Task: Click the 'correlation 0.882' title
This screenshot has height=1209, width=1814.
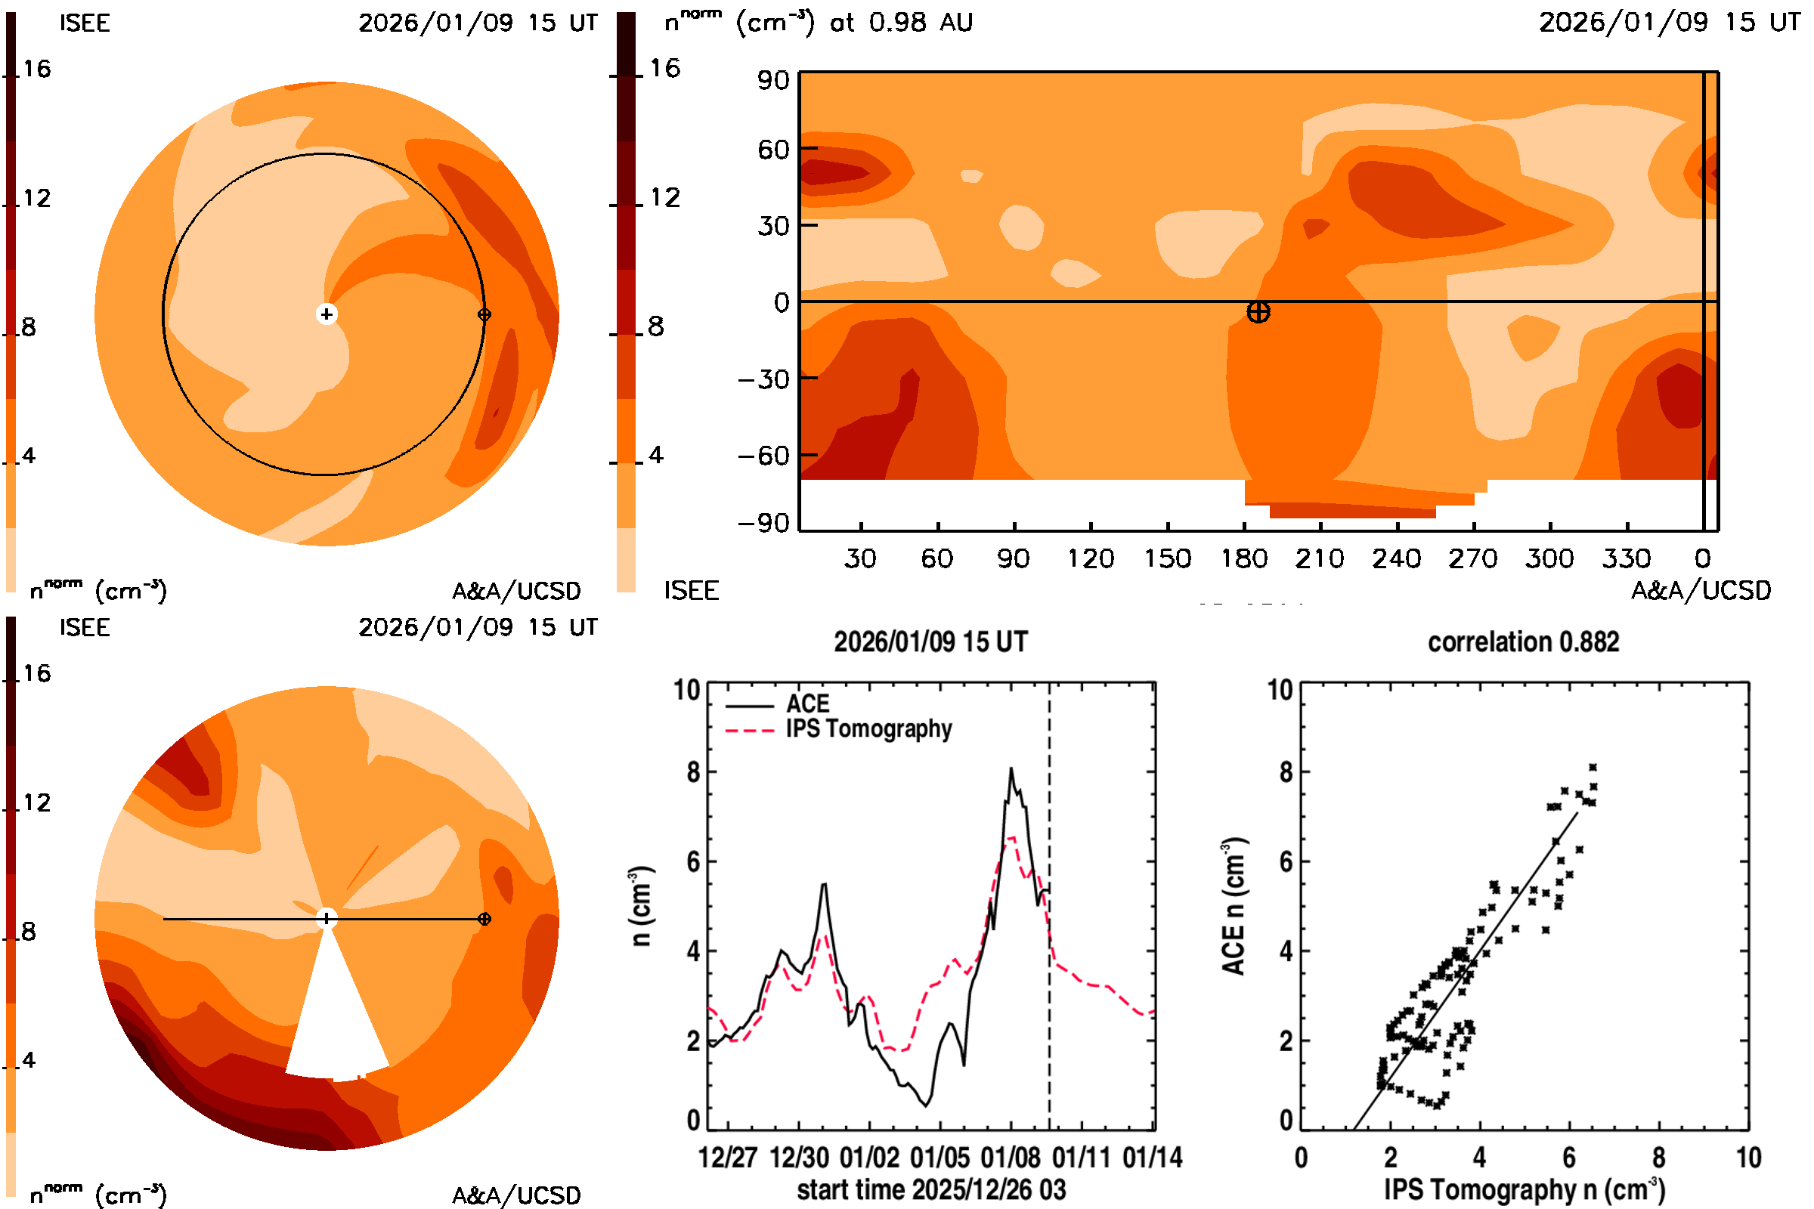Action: pyautogui.click(x=1522, y=642)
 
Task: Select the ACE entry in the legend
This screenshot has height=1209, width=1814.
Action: pyautogui.click(x=806, y=704)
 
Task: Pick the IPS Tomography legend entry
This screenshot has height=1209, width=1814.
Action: pyautogui.click(x=868, y=728)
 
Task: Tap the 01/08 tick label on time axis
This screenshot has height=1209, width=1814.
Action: pyautogui.click(x=1011, y=1158)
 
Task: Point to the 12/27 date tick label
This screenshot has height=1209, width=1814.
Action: pyautogui.click(x=727, y=1158)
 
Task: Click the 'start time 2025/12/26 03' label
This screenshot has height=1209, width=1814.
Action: pyautogui.click(x=931, y=1189)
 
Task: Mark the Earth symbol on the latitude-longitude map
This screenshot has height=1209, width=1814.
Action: pyautogui.click(x=1258, y=312)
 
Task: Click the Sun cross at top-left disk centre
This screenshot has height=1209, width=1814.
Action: pyautogui.click(x=327, y=314)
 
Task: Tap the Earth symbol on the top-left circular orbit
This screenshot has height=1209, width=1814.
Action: pyautogui.click(x=484, y=314)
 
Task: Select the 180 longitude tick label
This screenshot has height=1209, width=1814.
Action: pyautogui.click(x=1243, y=558)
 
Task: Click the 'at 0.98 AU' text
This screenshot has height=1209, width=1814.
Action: pyautogui.click(x=901, y=23)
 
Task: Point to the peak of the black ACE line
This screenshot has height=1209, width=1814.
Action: pyautogui.click(x=1011, y=768)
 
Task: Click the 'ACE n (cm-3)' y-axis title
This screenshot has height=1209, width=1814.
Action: pyautogui.click(x=1234, y=906)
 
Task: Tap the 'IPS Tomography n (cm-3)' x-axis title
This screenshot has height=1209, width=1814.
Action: pyautogui.click(x=1524, y=1189)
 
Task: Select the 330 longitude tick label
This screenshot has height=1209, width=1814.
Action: pyautogui.click(x=1626, y=558)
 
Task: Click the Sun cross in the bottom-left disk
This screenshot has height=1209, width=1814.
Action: pyautogui.click(x=327, y=918)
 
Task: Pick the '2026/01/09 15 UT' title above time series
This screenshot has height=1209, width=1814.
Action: pyautogui.click(x=930, y=642)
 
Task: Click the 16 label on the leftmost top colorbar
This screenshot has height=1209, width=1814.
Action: pyautogui.click(x=36, y=70)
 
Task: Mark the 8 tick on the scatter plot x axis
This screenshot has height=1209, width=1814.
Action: pyautogui.click(x=1658, y=1158)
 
